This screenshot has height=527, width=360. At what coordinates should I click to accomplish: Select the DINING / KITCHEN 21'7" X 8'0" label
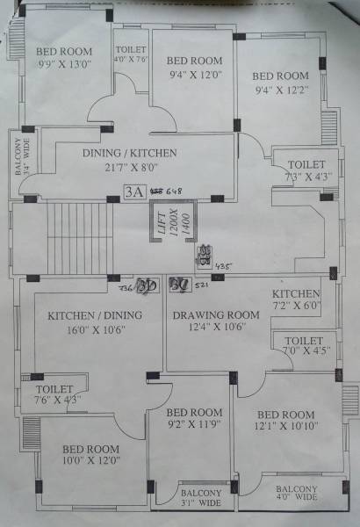click(x=130, y=159)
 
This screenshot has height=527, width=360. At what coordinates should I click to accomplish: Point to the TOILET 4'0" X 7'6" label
click(x=130, y=54)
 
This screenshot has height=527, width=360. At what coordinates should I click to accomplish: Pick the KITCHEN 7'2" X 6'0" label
click(x=296, y=300)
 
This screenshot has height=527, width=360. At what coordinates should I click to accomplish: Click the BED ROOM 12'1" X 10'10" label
click(x=285, y=421)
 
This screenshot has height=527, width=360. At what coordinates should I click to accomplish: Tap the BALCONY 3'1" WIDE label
click(x=200, y=498)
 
